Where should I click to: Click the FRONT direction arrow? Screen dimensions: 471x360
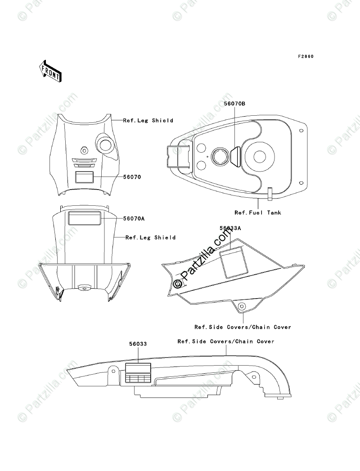click(50, 71)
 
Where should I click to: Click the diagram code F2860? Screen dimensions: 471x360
click(306, 57)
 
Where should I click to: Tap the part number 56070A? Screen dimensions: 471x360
click(134, 218)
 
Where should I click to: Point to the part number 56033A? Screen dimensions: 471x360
click(230, 228)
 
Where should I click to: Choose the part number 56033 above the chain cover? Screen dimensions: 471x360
click(138, 344)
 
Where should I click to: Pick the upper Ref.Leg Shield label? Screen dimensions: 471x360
click(148, 121)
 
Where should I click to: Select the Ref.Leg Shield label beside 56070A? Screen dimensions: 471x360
click(150, 237)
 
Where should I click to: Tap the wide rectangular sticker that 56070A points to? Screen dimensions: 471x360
click(84, 218)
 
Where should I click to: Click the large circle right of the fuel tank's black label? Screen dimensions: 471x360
click(261, 156)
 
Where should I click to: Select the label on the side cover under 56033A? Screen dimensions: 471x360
click(233, 262)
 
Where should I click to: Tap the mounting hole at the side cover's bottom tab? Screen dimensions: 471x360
click(243, 307)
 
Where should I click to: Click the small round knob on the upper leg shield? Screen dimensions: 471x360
click(83, 149)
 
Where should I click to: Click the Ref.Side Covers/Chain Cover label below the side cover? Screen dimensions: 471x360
click(243, 327)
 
